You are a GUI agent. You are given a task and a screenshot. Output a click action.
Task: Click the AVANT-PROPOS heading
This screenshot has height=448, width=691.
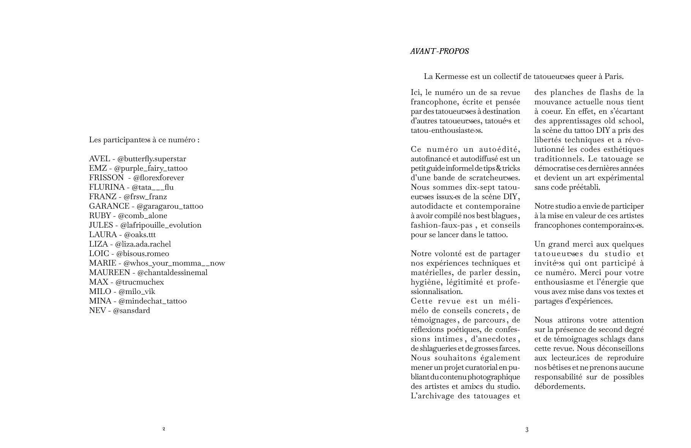click(439, 51)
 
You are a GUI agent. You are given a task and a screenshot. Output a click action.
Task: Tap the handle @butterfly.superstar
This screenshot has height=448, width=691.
click(152, 159)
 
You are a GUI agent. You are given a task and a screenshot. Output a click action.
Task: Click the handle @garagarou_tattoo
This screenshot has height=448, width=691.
click(170, 206)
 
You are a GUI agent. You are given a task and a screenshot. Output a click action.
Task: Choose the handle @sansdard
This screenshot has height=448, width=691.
click(131, 311)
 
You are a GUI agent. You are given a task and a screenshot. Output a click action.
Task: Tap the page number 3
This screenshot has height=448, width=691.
click(527, 430)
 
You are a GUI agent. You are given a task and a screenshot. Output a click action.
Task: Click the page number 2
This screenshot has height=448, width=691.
click(164, 429)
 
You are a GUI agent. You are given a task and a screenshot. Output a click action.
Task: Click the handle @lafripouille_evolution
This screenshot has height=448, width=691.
click(161, 225)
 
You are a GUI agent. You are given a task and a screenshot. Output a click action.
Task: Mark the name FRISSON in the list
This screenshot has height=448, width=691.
click(106, 178)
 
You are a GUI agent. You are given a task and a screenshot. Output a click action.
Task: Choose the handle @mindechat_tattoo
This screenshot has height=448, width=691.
click(152, 301)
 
